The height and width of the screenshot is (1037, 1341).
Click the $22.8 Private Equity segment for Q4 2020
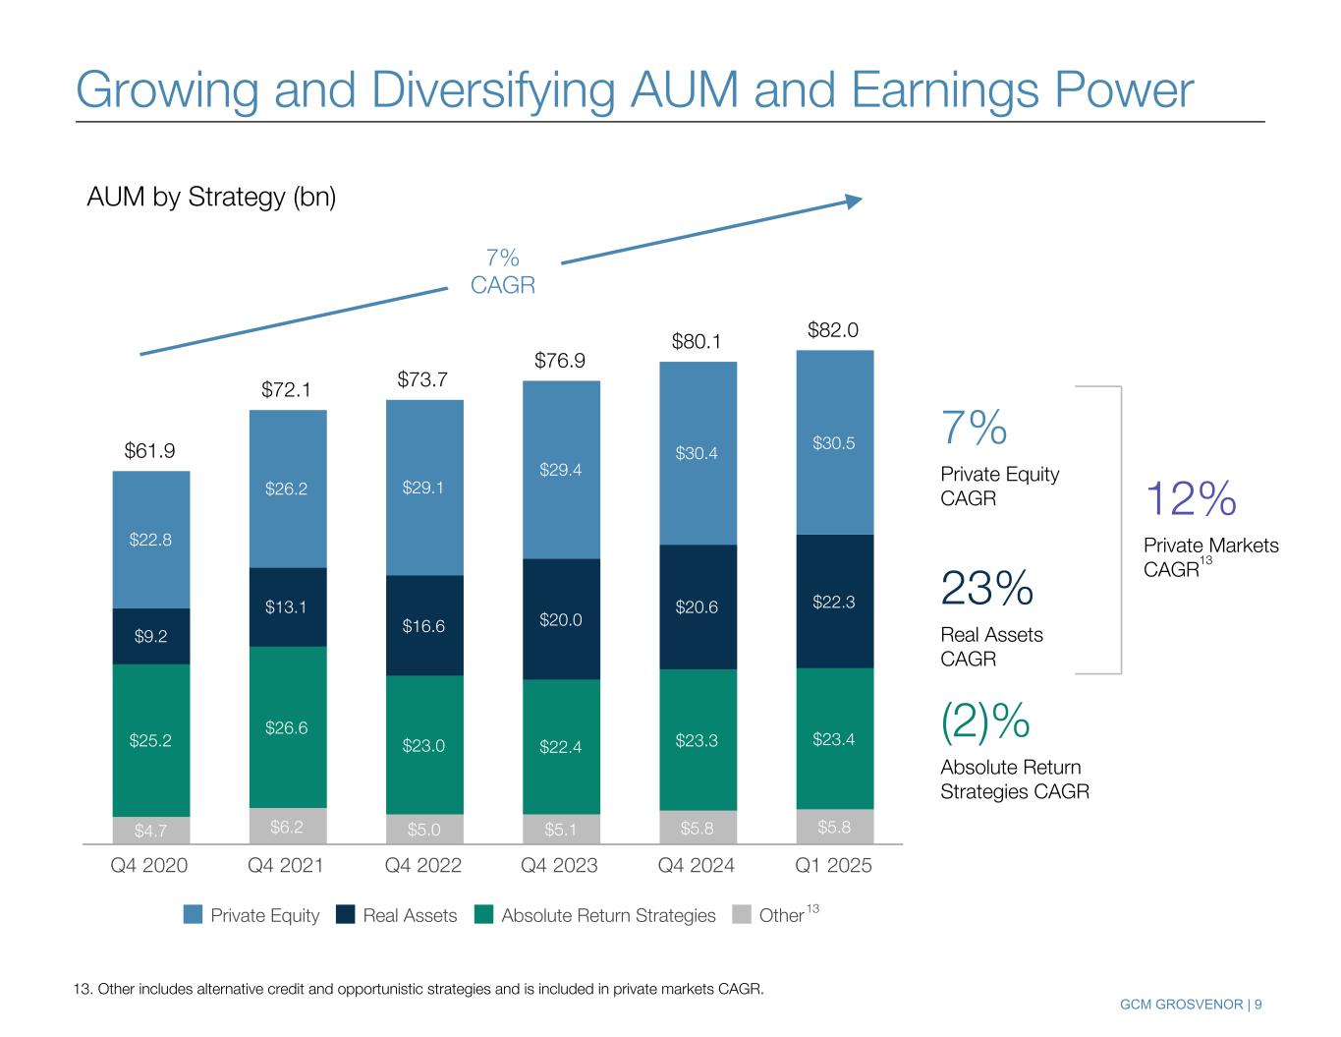pos(150,540)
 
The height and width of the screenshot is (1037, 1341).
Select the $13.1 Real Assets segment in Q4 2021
pos(287,606)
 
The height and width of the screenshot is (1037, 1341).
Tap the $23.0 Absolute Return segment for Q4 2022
pos(423,745)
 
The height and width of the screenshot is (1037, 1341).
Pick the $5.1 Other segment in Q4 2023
pos(561,830)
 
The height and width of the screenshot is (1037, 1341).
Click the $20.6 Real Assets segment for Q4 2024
pos(697,607)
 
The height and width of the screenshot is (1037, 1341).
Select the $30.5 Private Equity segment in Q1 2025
pos(834,443)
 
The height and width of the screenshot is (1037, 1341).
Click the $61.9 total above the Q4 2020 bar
pos(149,451)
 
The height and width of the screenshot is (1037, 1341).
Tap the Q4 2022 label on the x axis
pos(423,866)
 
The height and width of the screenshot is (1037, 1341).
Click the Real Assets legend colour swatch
pos(346,915)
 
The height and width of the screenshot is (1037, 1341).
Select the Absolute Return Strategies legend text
pos(608,916)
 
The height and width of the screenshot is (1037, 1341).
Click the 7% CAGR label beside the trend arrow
pos(503,271)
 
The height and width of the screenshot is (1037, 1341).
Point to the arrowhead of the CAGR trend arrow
pos(855,201)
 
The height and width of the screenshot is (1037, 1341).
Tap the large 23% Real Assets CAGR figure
pos(986,589)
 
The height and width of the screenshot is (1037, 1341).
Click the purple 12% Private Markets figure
pos(1191,499)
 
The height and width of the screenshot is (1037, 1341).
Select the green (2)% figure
pos(985,721)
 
